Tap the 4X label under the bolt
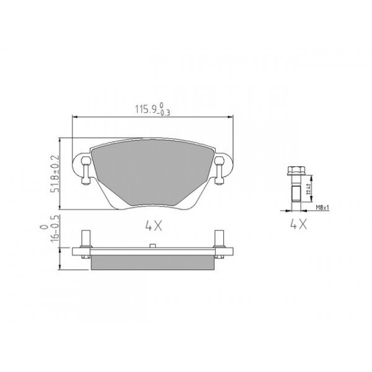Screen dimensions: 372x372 (x=298, y=225)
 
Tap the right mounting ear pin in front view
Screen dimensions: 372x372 (x=219, y=169)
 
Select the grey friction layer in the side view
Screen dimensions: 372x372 (x=153, y=262)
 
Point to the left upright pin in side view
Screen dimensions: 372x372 (x=85, y=239)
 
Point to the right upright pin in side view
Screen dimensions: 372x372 (x=219, y=239)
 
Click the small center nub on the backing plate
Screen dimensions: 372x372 (x=152, y=247)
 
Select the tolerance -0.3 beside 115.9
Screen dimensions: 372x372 (x=164, y=113)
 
